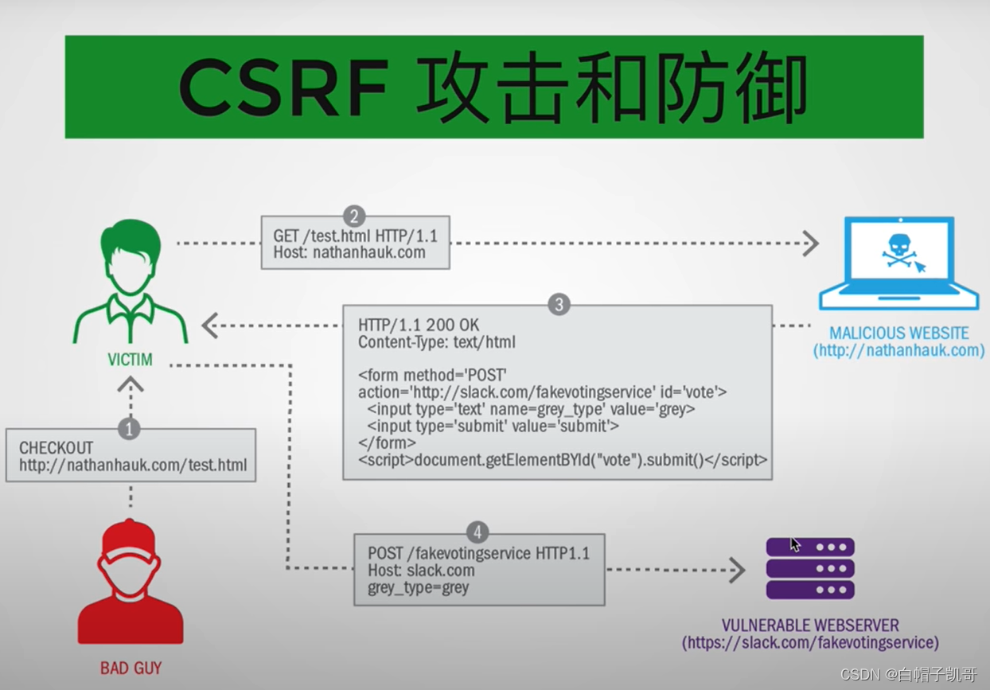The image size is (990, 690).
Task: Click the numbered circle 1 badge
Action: coord(129,429)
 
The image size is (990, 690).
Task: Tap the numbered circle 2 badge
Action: coord(354,216)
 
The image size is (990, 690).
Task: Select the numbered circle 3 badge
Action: coord(559,305)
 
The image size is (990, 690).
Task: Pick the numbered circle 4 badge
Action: coord(477,532)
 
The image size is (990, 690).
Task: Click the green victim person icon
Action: coord(131,283)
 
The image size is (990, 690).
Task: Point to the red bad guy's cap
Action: coord(130,535)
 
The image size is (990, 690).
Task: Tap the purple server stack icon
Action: coord(810,568)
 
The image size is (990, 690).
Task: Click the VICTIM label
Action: coord(131,360)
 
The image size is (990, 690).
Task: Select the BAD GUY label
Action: coord(131,668)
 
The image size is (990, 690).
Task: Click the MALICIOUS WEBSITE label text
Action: coord(898,333)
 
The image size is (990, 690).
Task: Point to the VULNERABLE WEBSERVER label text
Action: coord(810,626)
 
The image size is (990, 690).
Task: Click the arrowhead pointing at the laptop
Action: coord(809,244)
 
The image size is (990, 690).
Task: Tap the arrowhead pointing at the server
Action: coord(736,570)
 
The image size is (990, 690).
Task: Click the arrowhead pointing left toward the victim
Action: coord(210,326)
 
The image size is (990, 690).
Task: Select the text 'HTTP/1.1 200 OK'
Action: coord(419,326)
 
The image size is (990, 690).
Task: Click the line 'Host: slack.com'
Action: coord(421,571)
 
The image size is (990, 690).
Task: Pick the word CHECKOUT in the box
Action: coord(56,448)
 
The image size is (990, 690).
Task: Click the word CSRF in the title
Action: coord(283,87)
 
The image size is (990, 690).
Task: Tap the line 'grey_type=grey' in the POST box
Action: coord(418,588)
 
